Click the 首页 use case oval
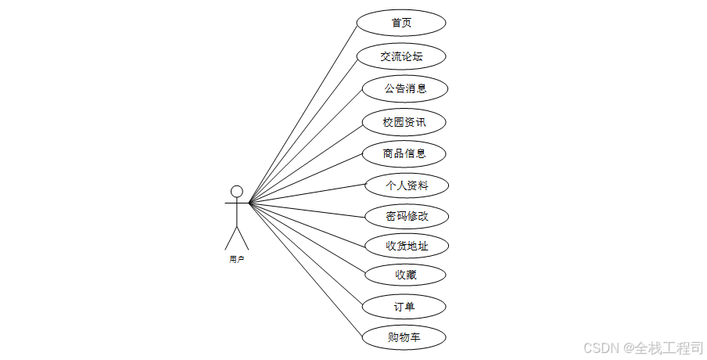tap(401, 23)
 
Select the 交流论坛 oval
tap(401, 56)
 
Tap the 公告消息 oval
tap(405, 88)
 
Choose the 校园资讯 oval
tap(404, 122)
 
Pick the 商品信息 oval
tap(404, 153)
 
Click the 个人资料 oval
tap(407, 185)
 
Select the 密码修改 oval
tap(407, 215)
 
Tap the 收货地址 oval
tap(407, 246)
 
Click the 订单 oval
tap(404, 306)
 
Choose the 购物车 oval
tap(404, 337)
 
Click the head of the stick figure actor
tap(236, 191)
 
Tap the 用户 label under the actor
tap(236, 259)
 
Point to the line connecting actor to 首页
tap(303, 113)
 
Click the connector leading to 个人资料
tap(308, 194)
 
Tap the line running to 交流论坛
tap(303, 129)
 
